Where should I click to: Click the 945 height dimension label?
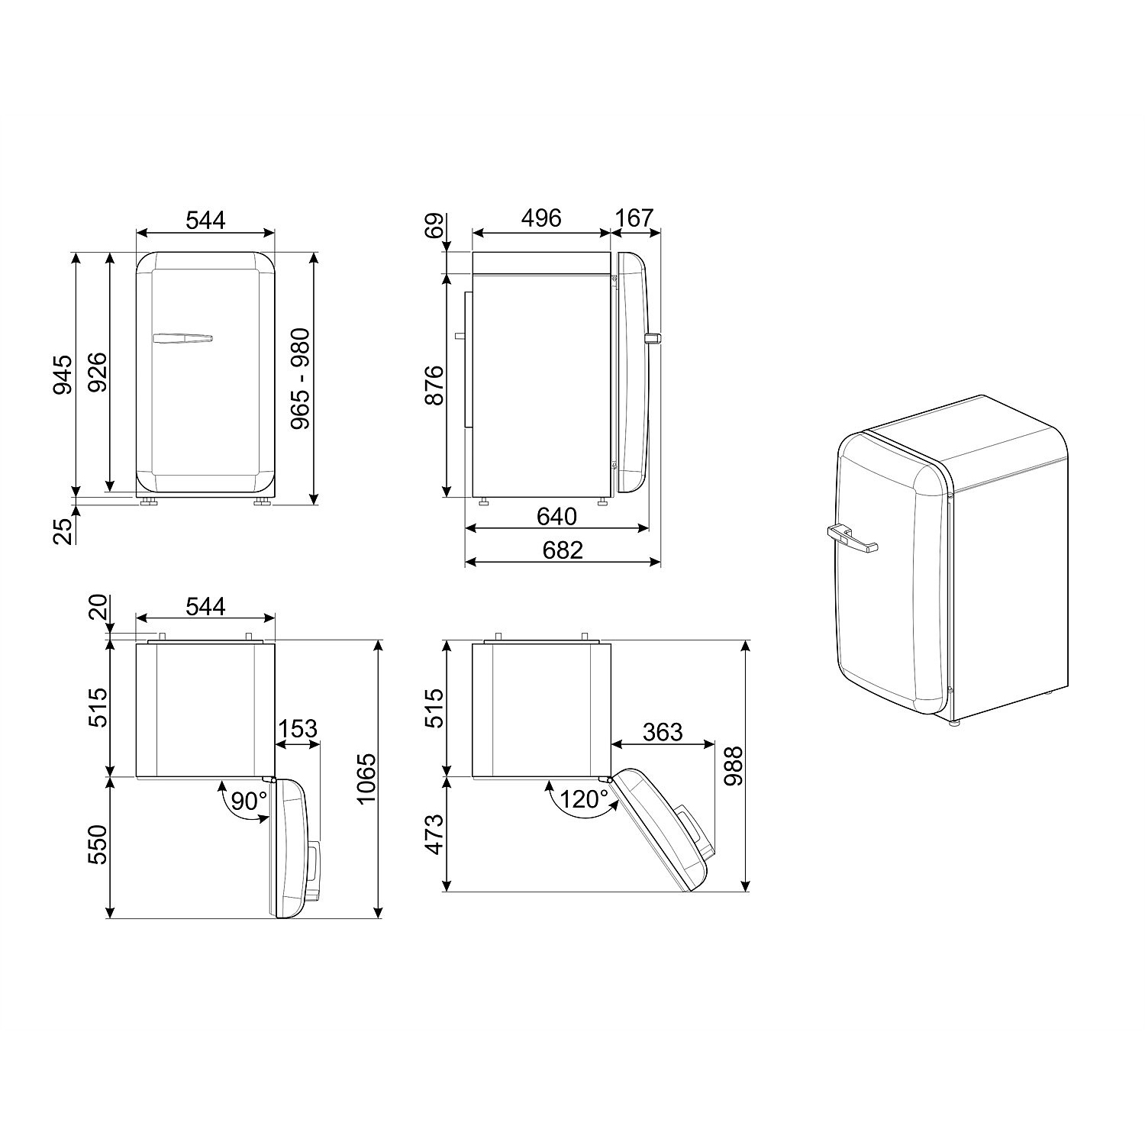click(62, 374)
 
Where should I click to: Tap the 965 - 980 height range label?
click(300, 378)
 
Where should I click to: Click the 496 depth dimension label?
click(541, 218)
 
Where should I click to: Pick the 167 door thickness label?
click(635, 218)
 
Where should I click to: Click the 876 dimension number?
click(433, 385)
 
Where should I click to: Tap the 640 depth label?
click(556, 517)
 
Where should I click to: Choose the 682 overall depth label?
click(563, 550)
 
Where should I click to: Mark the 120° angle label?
click(584, 800)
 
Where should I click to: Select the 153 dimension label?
click(297, 729)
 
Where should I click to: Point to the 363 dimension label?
click(662, 732)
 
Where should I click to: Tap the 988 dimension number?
click(734, 766)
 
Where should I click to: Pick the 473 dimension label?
click(433, 834)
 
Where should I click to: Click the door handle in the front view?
click(182, 337)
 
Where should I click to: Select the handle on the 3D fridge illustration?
click(850, 537)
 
